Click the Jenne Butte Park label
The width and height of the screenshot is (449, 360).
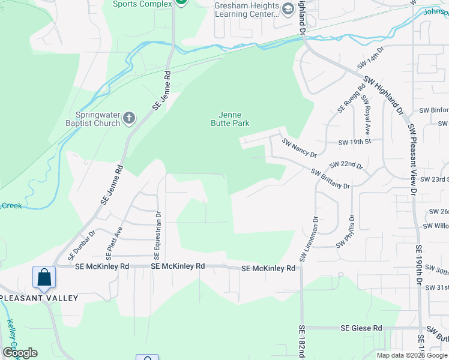[230, 118]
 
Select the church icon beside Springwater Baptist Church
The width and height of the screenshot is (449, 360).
[128, 119]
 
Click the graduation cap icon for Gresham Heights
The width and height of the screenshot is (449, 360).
[288, 9]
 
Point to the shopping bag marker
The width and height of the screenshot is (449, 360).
[44, 278]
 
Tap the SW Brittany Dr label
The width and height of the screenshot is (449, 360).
[330, 179]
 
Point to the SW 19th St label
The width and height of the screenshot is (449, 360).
[355, 142]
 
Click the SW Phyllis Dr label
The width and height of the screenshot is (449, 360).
[346, 232]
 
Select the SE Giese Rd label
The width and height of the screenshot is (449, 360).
[361, 328]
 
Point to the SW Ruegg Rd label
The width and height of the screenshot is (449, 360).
[349, 97]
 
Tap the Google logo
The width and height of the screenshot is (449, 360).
[20, 353]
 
